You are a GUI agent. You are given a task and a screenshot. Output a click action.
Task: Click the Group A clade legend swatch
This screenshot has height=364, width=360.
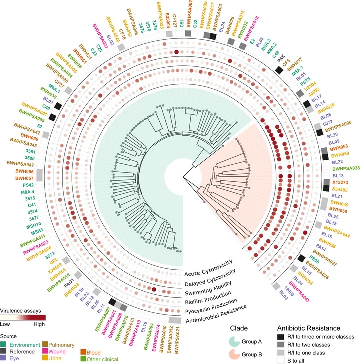pos(238,343)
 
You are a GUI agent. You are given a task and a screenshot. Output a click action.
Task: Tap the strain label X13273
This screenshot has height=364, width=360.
pos(339,183)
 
